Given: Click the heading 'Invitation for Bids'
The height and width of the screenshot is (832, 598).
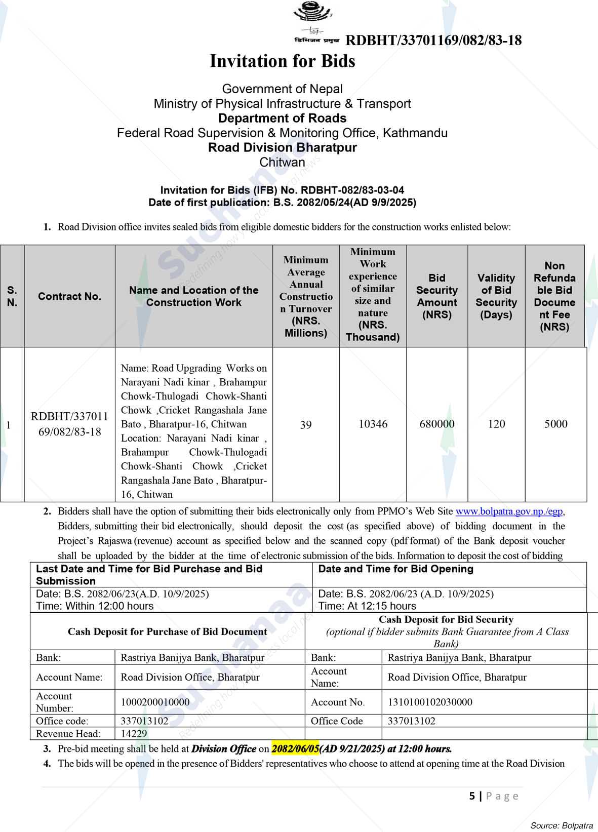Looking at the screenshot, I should pyautogui.click(x=283, y=61).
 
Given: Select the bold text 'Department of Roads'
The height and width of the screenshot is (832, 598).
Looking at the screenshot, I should pyautogui.click(x=282, y=118).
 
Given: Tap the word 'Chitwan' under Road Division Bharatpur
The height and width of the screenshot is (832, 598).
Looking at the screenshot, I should pyautogui.click(x=282, y=163).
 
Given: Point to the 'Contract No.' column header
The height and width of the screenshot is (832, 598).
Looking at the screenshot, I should pyautogui.click(x=69, y=296).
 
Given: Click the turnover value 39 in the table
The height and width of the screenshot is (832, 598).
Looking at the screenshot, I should pyautogui.click(x=306, y=424).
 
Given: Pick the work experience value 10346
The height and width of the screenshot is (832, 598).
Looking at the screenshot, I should pyautogui.click(x=373, y=424).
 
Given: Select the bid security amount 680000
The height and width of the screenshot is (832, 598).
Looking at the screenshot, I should pyautogui.click(x=437, y=424).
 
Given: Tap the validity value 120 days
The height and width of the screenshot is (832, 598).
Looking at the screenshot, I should pyautogui.click(x=496, y=424).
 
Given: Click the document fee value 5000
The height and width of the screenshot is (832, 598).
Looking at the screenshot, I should pyautogui.click(x=555, y=424).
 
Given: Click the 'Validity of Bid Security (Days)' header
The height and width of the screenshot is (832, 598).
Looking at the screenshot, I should pyautogui.click(x=496, y=296).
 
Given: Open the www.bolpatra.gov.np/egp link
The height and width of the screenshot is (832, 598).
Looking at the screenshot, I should pyautogui.click(x=509, y=511).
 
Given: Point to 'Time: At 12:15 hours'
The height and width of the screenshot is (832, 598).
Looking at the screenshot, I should pyautogui.click(x=367, y=606).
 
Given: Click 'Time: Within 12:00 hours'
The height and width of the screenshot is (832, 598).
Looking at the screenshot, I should pyautogui.click(x=95, y=606).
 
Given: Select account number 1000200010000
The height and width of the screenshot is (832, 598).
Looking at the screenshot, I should pyautogui.click(x=155, y=702).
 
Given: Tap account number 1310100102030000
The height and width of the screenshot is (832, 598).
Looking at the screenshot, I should pyautogui.click(x=430, y=702).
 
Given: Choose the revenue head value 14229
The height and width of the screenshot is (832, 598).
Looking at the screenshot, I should pyautogui.click(x=134, y=733).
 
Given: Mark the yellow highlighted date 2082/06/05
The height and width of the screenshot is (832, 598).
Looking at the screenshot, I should pyautogui.click(x=295, y=748).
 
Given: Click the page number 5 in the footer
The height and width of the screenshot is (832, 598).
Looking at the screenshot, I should pyautogui.click(x=472, y=796).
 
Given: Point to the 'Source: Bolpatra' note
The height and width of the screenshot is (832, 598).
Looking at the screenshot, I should pyautogui.click(x=561, y=825).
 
